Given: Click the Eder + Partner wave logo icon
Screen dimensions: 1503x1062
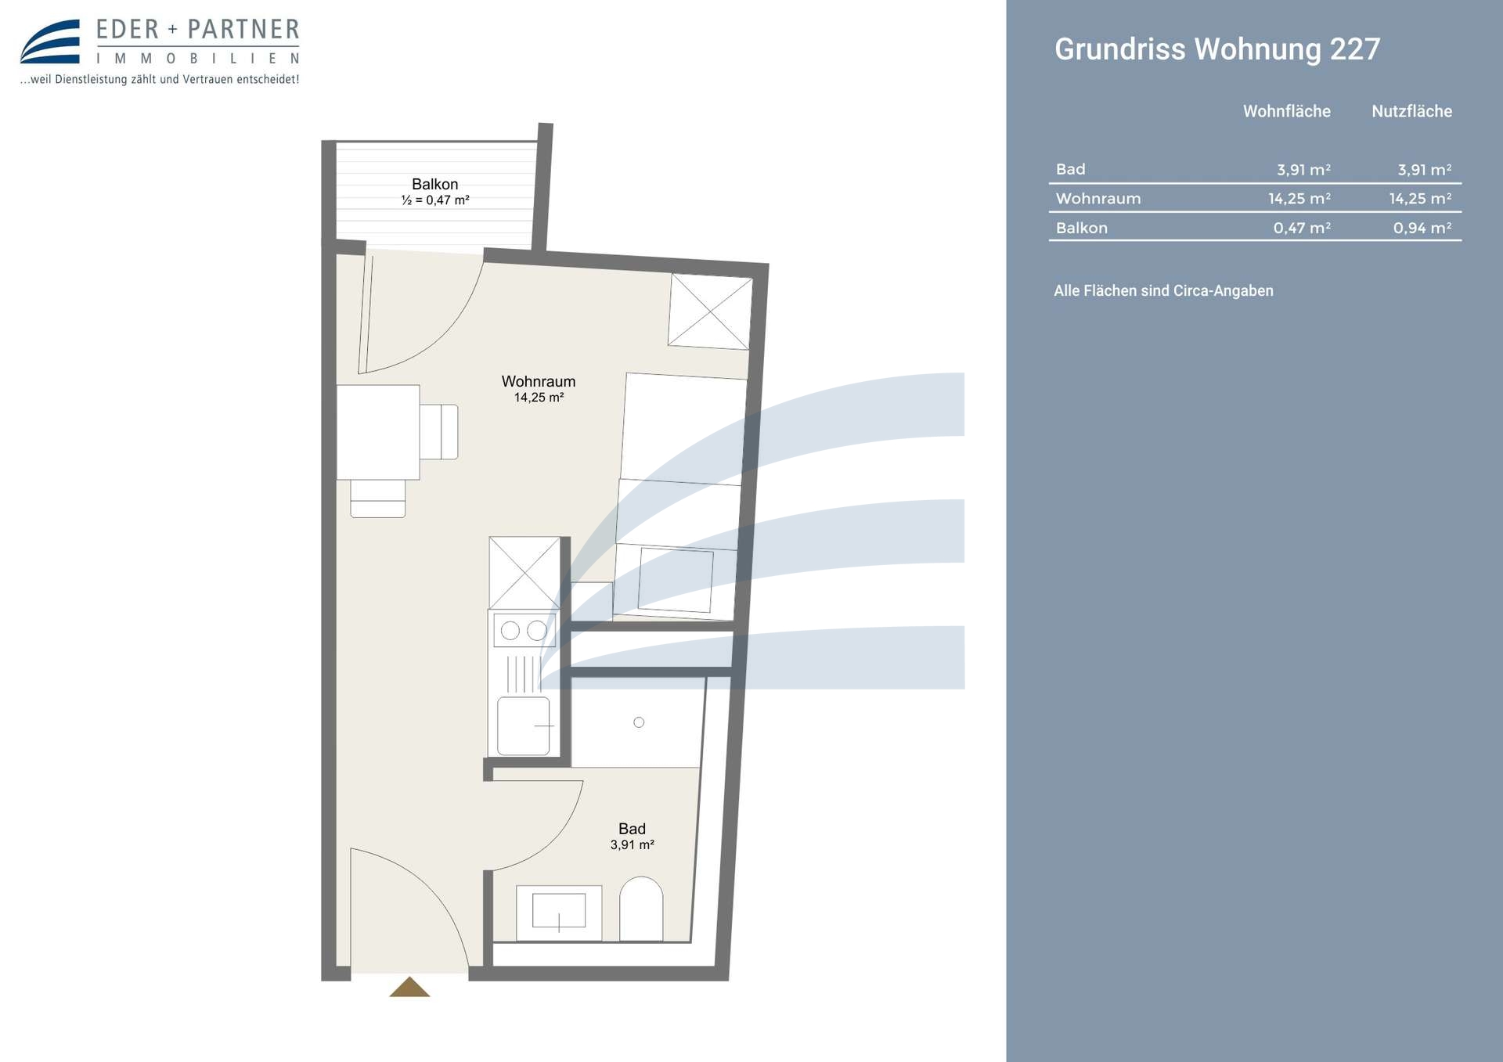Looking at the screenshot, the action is click(x=50, y=41).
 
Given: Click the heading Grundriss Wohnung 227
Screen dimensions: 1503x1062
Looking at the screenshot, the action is click(x=1217, y=49).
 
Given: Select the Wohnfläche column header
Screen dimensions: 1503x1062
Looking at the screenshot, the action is click(x=1286, y=111).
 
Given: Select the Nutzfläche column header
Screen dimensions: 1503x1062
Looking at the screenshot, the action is click(x=1411, y=111).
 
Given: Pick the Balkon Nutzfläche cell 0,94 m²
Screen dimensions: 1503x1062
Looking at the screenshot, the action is click(x=1422, y=228).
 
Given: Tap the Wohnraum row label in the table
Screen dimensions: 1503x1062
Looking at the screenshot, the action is click(x=1098, y=199).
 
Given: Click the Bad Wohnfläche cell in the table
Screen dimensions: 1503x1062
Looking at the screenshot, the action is click(x=1303, y=170).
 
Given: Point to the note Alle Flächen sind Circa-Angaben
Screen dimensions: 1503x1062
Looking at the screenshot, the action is click(x=1163, y=291).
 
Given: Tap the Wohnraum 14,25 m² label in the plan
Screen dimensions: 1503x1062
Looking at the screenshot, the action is click(x=539, y=388).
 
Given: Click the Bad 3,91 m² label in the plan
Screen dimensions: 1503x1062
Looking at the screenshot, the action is click(x=632, y=836).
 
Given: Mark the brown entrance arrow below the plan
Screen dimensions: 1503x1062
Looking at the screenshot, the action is click(x=409, y=987).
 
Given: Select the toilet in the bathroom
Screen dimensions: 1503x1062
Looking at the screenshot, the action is click(x=641, y=909).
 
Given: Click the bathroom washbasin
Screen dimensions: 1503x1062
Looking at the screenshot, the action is click(x=559, y=913).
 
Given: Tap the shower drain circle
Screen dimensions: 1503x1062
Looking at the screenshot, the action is click(x=639, y=722).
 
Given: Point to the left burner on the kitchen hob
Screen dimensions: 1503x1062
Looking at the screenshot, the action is click(x=510, y=631).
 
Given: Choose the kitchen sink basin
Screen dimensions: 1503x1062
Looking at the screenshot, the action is click(x=524, y=726).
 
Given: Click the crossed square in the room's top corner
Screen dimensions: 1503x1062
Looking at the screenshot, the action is click(x=710, y=311).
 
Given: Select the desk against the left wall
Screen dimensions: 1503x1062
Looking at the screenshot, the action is click(x=378, y=432).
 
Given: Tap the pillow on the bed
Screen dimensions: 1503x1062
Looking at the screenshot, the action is click(x=676, y=580).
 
